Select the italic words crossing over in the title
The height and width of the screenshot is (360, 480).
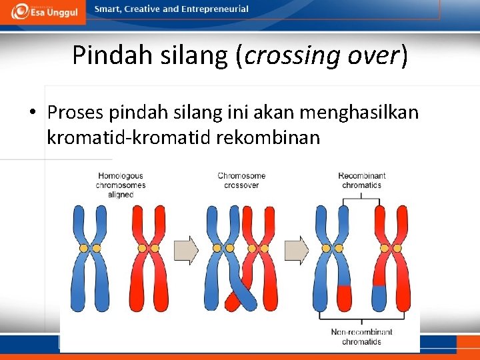(x=322, y=55)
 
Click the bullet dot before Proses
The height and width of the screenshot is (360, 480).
(x=33, y=113)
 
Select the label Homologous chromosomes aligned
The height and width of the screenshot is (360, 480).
(x=120, y=185)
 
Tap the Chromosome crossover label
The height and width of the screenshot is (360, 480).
(x=241, y=181)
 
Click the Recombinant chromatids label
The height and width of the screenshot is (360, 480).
(x=361, y=181)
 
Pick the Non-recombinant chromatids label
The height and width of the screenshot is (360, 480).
(x=361, y=337)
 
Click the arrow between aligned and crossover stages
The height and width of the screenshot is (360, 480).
(x=186, y=249)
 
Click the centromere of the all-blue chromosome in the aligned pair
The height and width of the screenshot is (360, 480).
(x=90, y=248)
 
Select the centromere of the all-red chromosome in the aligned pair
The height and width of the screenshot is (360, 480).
(x=148, y=248)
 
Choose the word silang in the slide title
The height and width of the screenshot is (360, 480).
(x=186, y=55)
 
